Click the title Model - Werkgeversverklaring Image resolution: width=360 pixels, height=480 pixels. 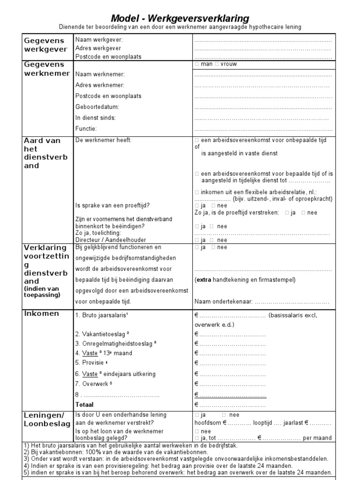(x=180, y=18)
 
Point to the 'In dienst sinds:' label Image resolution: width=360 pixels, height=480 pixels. (x=95, y=118)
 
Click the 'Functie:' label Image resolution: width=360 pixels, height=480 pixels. (x=86, y=128)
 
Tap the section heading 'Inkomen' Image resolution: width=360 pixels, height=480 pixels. (x=42, y=314)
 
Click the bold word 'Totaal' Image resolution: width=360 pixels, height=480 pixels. (x=84, y=405)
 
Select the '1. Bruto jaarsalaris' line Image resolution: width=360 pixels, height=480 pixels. (x=101, y=315)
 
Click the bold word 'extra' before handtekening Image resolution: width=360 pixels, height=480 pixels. (x=204, y=280)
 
